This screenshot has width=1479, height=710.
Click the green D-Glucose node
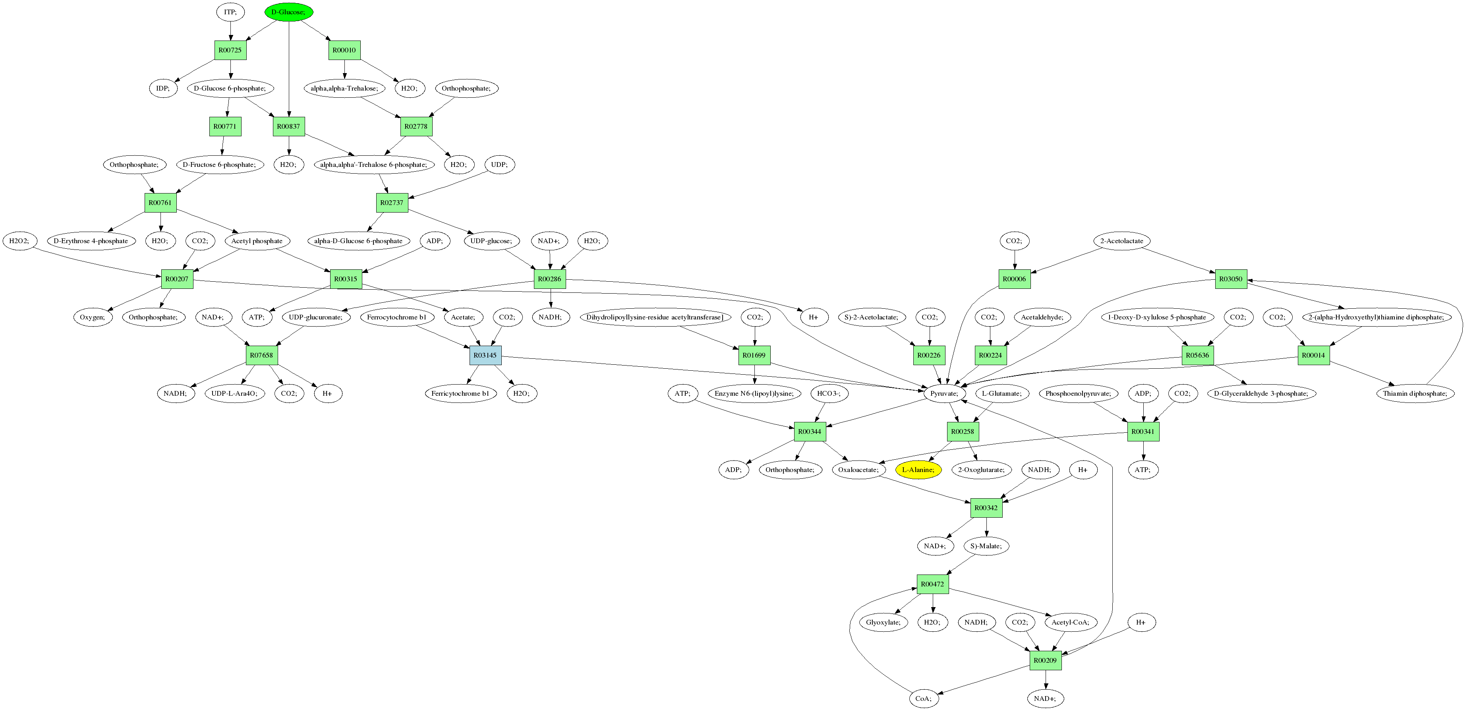tap(288, 12)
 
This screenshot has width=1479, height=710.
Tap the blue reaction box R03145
tap(485, 355)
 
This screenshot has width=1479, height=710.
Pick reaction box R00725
tap(230, 50)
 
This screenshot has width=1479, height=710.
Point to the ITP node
tap(230, 12)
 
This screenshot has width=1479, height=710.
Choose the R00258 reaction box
tap(962, 431)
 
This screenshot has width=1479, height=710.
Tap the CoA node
tap(923, 698)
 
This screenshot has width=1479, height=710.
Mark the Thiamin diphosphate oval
tap(1414, 393)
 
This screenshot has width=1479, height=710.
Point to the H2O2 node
tap(19, 241)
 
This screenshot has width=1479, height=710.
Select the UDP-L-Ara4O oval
tap(234, 393)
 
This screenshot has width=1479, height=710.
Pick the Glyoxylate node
tap(883, 622)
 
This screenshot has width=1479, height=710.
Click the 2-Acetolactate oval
tap(1121, 241)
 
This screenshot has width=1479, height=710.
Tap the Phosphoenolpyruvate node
tap(1078, 393)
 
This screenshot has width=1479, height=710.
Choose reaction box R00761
tap(160, 203)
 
